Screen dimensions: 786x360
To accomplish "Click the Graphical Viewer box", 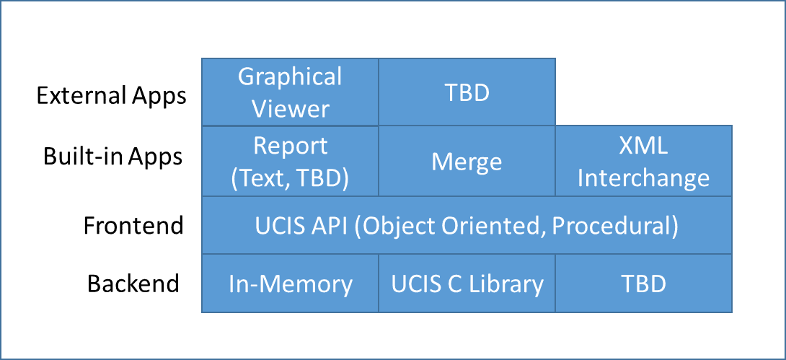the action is click(290, 92).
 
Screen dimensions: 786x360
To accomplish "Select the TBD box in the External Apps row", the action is click(467, 92).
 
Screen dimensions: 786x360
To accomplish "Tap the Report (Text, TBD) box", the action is click(290, 161).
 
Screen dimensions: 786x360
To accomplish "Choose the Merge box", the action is click(467, 161).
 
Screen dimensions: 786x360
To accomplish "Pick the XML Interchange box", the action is click(644, 161).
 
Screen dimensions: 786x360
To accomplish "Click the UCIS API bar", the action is click(467, 225).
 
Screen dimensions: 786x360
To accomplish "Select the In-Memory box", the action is click(290, 284).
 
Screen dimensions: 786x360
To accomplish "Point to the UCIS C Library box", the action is click(467, 284).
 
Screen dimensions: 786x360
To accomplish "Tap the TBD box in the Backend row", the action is click(644, 284).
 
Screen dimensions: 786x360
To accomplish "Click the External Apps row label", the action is click(111, 96).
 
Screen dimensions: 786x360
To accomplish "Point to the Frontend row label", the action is click(133, 225).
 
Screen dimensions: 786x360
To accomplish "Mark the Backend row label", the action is click(133, 283).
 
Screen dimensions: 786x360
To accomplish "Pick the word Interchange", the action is click(644, 178).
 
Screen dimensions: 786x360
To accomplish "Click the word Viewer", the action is click(291, 109).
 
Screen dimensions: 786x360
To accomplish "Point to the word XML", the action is click(644, 146).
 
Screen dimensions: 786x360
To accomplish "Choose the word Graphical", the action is click(290, 78).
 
